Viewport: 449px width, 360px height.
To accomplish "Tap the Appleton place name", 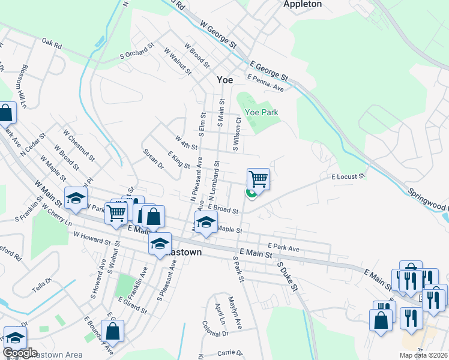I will tap(303, 4).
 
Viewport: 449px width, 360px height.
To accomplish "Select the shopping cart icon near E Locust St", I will tap(258, 178).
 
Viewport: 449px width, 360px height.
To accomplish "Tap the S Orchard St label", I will tap(137, 50).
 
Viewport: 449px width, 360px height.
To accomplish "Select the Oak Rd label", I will tap(52, 44).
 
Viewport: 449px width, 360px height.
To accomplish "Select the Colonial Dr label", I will tap(214, 333).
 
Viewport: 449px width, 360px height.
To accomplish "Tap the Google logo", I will tap(20, 353).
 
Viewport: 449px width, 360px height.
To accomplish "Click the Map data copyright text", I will tap(424, 355).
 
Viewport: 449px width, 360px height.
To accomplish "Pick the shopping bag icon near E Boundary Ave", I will tap(112, 331).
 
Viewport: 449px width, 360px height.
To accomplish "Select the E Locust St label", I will tap(348, 176).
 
